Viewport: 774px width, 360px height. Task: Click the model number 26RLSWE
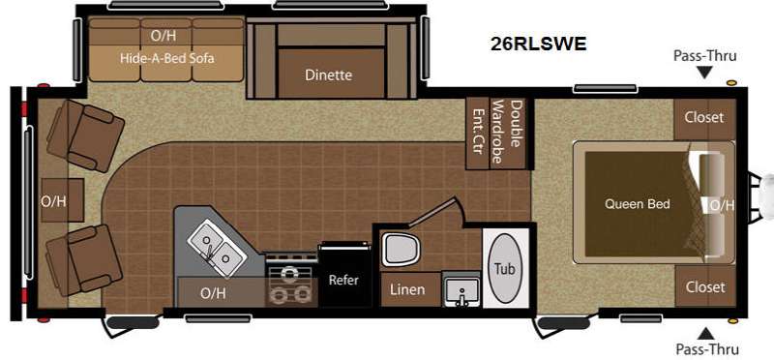(x=539, y=44)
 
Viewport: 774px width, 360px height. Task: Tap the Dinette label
(x=329, y=75)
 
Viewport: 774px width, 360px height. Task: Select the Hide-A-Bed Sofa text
(x=167, y=58)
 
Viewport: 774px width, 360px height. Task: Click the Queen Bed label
(x=638, y=203)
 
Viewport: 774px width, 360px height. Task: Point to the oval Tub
(x=504, y=269)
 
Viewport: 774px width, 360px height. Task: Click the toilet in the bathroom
(x=401, y=249)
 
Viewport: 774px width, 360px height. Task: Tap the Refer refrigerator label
(x=344, y=280)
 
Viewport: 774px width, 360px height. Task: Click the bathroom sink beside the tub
(x=461, y=290)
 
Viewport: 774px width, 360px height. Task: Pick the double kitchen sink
(x=216, y=250)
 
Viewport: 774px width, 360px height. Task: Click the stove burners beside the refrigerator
(x=291, y=285)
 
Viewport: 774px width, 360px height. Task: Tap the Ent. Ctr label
(x=477, y=132)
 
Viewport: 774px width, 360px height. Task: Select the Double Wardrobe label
(x=507, y=132)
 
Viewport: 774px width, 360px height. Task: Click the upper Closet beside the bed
(x=704, y=118)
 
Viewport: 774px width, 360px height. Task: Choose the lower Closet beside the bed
(x=704, y=286)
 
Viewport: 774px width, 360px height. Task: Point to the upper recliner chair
(x=85, y=135)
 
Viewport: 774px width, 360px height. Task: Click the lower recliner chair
(x=83, y=260)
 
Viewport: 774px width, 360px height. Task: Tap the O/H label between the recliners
(x=54, y=201)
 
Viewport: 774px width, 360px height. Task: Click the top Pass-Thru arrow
(x=705, y=74)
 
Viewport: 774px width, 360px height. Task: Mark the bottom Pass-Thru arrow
(x=706, y=333)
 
